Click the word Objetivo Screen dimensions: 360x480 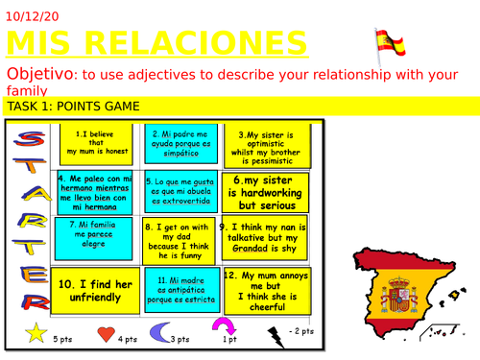point(39,74)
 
